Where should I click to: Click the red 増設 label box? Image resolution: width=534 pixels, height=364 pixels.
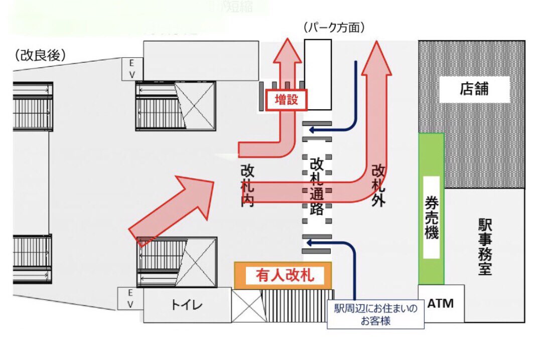(286, 100)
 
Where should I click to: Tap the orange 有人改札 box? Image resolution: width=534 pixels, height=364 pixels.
(283, 275)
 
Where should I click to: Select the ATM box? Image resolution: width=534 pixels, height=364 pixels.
(441, 303)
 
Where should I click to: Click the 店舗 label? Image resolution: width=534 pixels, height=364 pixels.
(474, 90)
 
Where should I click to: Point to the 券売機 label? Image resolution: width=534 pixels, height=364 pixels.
(431, 217)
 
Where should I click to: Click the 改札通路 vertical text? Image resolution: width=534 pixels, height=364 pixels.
(316, 187)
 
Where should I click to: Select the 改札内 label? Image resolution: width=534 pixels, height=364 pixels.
(247, 187)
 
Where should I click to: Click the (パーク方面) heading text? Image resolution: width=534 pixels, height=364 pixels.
(333, 28)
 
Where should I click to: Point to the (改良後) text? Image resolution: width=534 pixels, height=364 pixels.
(41, 56)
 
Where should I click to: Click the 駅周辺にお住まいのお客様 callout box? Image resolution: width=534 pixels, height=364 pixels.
(375, 315)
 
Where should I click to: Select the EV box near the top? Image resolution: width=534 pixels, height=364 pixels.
(132, 69)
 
